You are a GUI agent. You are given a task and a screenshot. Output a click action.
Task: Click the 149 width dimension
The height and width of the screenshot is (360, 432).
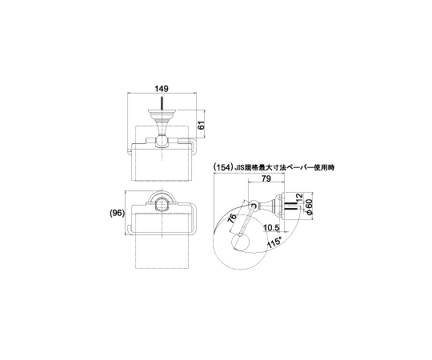click(x=161, y=89)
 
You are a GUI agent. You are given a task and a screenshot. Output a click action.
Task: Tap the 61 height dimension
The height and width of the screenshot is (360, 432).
click(x=202, y=126)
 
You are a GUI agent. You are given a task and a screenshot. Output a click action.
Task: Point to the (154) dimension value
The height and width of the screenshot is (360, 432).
click(x=222, y=167)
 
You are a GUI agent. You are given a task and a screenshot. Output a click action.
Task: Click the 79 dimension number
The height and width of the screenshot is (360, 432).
click(x=266, y=178)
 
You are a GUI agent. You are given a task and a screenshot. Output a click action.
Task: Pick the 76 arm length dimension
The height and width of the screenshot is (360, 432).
click(x=233, y=218)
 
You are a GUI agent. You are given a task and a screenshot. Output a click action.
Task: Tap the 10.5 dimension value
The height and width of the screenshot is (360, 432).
click(x=271, y=228)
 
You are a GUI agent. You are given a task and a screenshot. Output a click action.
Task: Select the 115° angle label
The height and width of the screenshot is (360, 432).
click(x=274, y=242)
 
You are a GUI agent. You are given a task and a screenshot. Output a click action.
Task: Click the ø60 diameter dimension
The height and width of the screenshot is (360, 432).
click(x=309, y=207)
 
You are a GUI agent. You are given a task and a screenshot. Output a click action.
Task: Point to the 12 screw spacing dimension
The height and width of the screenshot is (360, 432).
click(x=299, y=198)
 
